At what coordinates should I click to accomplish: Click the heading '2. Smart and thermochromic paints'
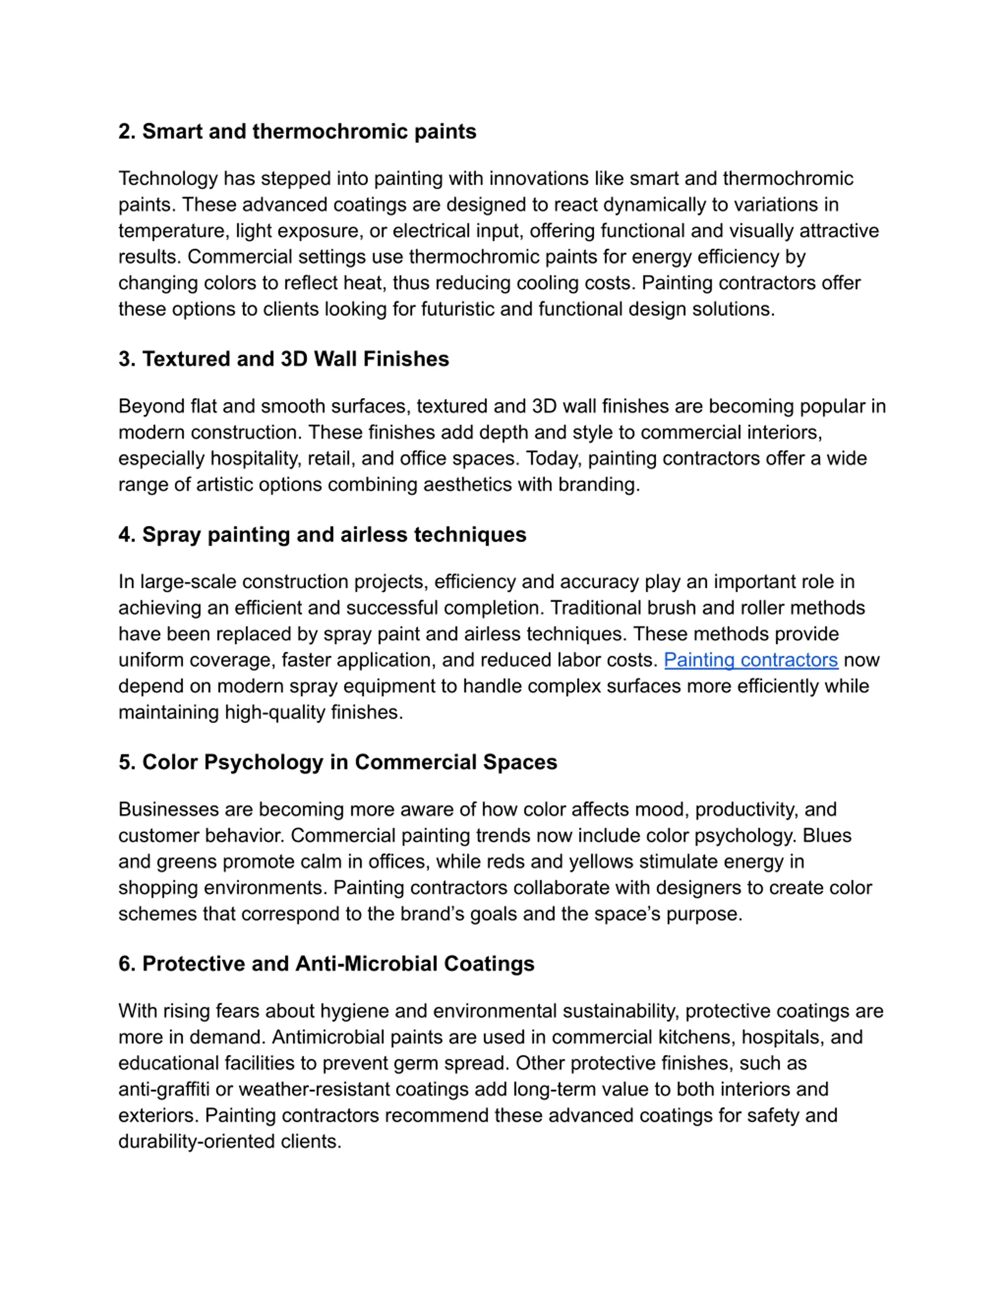click(297, 131)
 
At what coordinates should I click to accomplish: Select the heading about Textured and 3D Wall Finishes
click(283, 359)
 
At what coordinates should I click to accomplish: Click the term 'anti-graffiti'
click(164, 1089)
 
